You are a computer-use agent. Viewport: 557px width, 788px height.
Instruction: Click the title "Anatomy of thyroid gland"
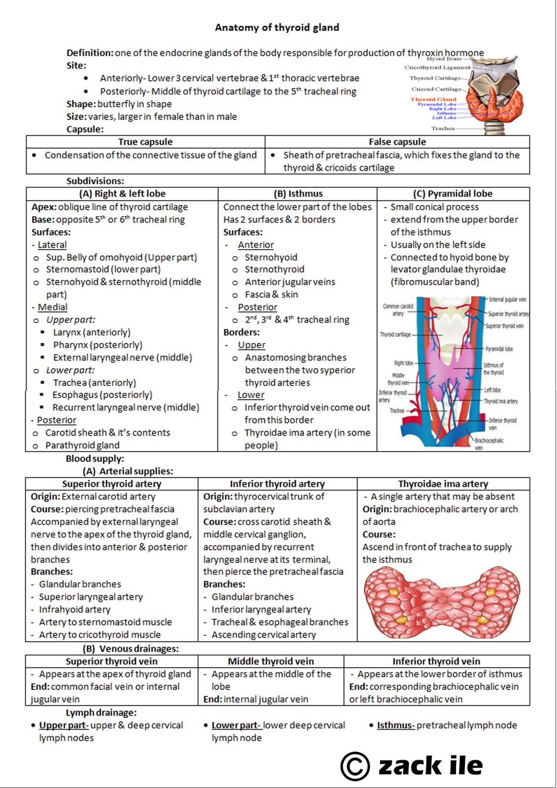click(277, 28)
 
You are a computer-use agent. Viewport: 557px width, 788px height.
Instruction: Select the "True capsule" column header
click(145, 142)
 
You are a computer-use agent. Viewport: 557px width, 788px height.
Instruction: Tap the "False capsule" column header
click(397, 142)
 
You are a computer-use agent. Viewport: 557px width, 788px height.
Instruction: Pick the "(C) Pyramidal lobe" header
click(453, 194)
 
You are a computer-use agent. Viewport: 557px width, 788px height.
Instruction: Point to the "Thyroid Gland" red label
click(433, 99)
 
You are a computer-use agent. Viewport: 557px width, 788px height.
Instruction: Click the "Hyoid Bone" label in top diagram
click(444, 59)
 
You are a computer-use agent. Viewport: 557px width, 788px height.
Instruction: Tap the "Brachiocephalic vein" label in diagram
click(489, 444)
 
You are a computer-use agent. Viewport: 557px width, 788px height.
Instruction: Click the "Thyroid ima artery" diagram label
click(500, 401)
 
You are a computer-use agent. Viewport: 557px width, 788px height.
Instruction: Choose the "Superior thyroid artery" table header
click(112, 484)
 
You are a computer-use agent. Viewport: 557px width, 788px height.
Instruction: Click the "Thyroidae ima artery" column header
click(443, 484)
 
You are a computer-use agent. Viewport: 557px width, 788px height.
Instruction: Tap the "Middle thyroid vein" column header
click(271, 661)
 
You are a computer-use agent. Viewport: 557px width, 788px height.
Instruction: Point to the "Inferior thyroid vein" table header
click(436, 661)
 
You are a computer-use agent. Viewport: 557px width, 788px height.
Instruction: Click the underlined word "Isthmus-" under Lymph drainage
click(395, 725)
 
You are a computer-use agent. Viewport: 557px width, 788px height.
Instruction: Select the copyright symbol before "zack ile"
click(355, 766)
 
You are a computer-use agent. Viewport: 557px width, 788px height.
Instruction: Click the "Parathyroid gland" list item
click(82, 445)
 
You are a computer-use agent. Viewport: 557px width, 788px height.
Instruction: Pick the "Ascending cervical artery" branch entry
click(263, 635)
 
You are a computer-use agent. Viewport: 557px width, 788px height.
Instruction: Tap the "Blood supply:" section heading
click(95, 459)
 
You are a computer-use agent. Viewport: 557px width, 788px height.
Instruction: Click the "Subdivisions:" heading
click(95, 181)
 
